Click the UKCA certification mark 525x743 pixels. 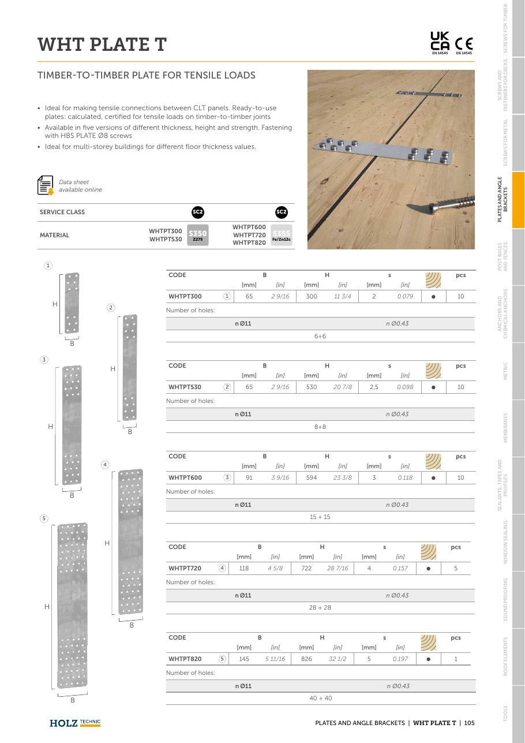point(440,43)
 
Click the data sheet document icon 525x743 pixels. point(46,185)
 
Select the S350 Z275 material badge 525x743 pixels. point(198,235)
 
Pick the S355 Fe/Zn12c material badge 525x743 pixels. point(282,235)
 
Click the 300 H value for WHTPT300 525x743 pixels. point(311,296)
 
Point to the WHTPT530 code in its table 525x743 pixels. point(185,387)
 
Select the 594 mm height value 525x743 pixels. point(311,477)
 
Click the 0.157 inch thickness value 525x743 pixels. point(400,568)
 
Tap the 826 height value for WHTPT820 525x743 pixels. point(306,659)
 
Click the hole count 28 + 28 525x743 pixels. point(320,607)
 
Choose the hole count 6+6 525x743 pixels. point(320,336)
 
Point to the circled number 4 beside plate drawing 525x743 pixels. point(105,464)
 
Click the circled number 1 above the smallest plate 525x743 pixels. point(48,266)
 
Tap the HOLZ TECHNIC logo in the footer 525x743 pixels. point(75,723)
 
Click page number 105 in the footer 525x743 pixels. point(469,723)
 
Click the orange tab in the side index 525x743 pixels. point(518,200)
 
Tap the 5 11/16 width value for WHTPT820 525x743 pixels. point(275,659)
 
